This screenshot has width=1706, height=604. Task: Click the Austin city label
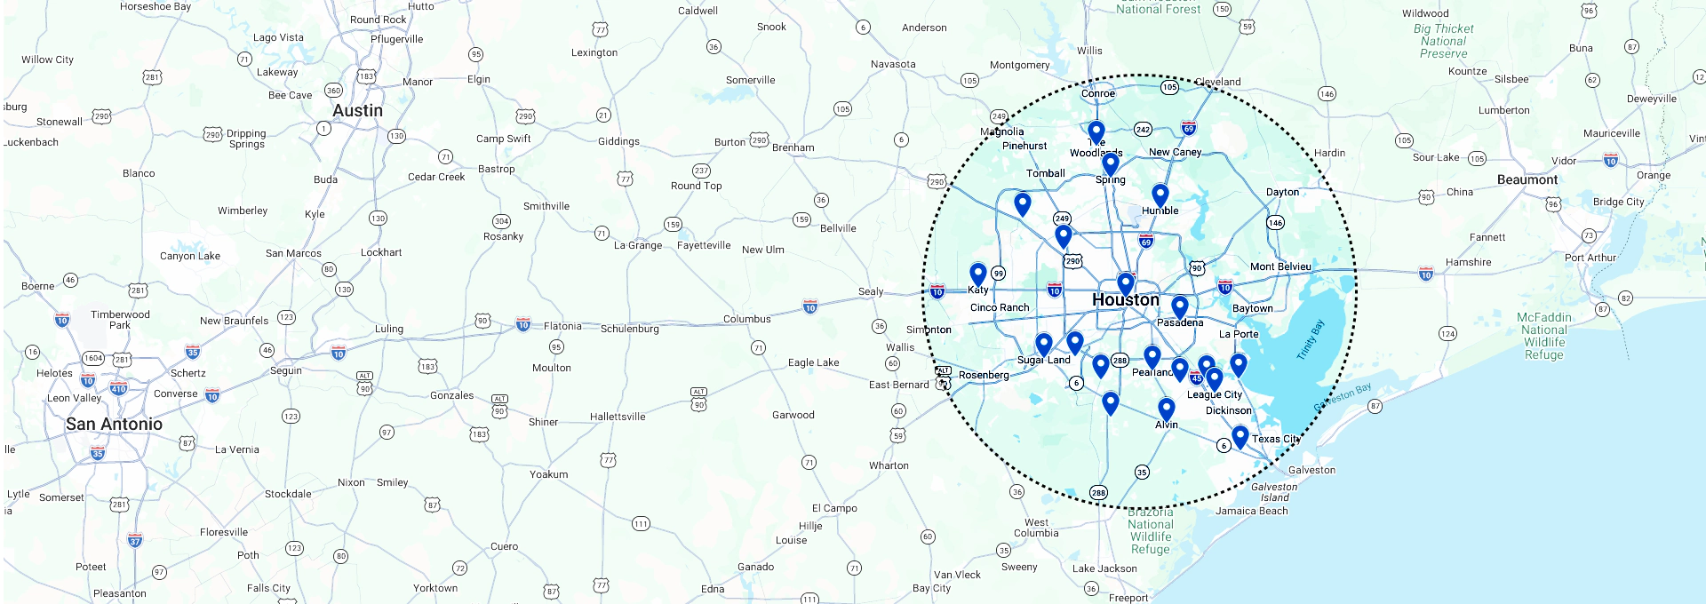(357, 111)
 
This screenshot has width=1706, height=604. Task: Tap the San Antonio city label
(114, 425)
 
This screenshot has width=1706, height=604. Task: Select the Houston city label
(1125, 300)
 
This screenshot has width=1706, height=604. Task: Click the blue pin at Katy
(977, 274)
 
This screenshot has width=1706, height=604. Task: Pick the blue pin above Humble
(1160, 195)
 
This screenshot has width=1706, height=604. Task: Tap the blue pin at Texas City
(1240, 436)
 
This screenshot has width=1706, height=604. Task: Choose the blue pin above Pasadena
(1179, 307)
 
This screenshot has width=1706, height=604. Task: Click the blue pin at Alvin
(1166, 409)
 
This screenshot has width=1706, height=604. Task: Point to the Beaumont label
(1527, 179)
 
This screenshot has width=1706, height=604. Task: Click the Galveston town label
(1311, 470)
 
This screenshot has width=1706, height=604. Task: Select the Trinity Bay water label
(1310, 339)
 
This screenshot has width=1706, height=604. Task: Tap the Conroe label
(1097, 93)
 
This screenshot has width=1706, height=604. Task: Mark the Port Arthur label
(1590, 258)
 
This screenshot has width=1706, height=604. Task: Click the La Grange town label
(637, 245)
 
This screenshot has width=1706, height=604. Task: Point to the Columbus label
(746, 319)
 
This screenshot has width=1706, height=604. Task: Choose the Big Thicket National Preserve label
(1443, 41)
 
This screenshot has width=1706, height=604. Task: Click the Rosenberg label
(983, 375)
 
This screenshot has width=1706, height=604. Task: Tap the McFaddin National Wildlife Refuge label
(1543, 336)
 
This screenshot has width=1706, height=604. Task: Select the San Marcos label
(293, 253)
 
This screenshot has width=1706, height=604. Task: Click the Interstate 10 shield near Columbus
(809, 306)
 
